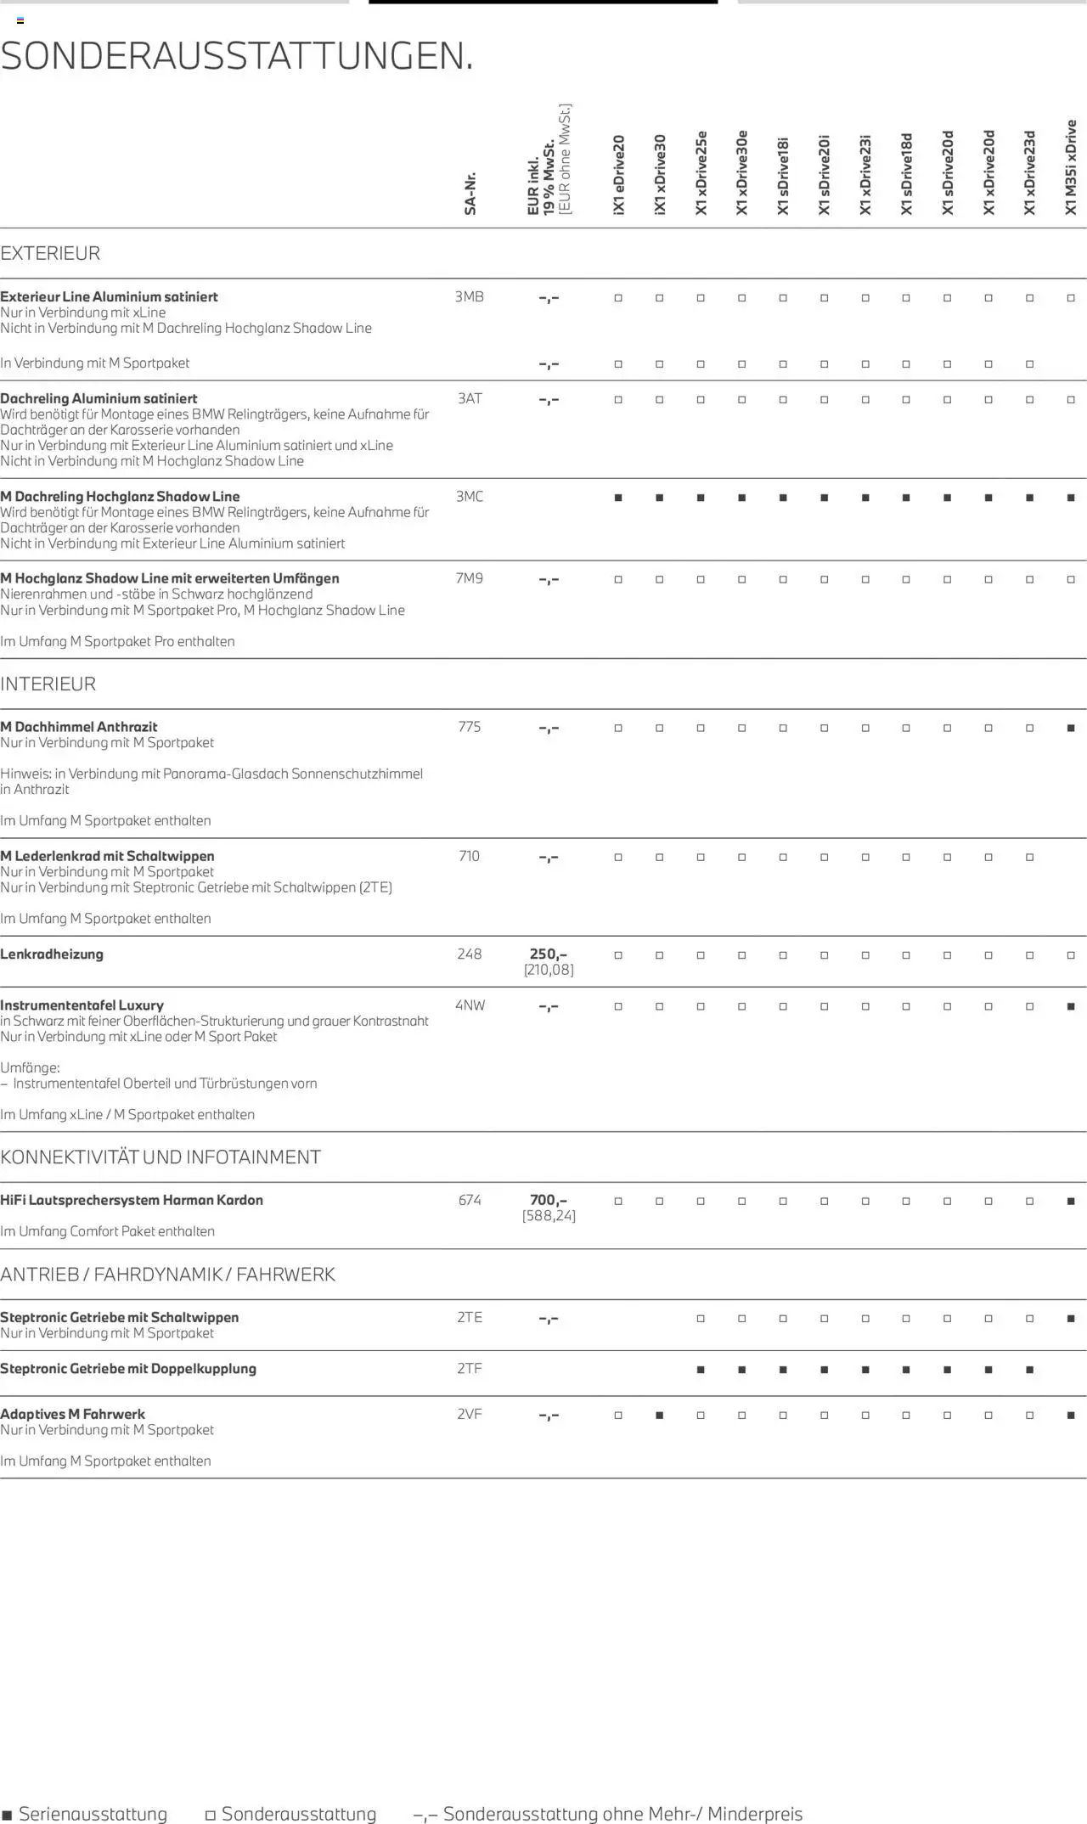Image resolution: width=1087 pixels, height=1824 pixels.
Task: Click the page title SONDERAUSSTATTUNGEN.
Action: tap(237, 56)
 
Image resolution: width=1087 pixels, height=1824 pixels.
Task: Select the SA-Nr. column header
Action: tap(470, 194)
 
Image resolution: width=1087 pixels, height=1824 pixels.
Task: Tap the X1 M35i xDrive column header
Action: tap(1071, 167)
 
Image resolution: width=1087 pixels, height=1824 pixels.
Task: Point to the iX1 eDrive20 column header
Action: tap(618, 174)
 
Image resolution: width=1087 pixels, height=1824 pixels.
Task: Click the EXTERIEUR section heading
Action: tap(50, 253)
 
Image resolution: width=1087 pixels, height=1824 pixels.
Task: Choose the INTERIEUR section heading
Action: tap(48, 684)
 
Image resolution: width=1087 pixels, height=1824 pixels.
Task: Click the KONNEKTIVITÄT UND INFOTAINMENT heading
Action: tap(161, 1157)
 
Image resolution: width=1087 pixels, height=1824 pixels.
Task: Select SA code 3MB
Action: tap(469, 296)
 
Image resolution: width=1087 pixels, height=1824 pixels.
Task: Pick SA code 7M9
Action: tap(470, 578)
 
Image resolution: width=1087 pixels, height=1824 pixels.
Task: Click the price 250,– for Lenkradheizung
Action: tap(549, 954)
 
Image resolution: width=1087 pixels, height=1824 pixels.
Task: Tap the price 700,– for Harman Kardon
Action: tap(549, 1200)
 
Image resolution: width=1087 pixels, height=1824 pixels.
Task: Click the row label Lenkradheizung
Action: tap(52, 954)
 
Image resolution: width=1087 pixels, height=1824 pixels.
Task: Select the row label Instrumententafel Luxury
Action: tap(82, 1005)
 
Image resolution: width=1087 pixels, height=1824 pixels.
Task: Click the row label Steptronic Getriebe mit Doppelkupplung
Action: tap(128, 1368)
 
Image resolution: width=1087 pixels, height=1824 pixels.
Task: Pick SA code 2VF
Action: tap(470, 1414)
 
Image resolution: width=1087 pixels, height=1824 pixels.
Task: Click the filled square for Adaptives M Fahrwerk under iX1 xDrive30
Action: tap(659, 1415)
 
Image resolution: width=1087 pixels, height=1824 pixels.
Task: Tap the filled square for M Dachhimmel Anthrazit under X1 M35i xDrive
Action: tap(1071, 728)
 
